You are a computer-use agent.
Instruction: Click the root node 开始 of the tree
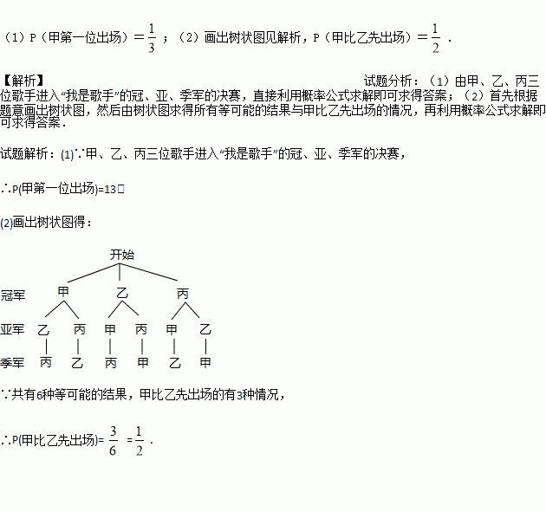122,255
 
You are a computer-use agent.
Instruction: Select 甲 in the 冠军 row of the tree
62,292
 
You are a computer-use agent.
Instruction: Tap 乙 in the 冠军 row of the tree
122,292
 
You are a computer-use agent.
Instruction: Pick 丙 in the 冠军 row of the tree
183,292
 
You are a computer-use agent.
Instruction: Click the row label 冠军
13,295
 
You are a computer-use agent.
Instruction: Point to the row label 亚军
13,329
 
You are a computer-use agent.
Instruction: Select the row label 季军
13,362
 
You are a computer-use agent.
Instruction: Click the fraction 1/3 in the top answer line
151,39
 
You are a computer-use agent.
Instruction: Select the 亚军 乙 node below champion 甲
44,329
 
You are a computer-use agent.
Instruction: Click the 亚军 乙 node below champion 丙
205,329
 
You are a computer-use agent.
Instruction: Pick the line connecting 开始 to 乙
122,274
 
